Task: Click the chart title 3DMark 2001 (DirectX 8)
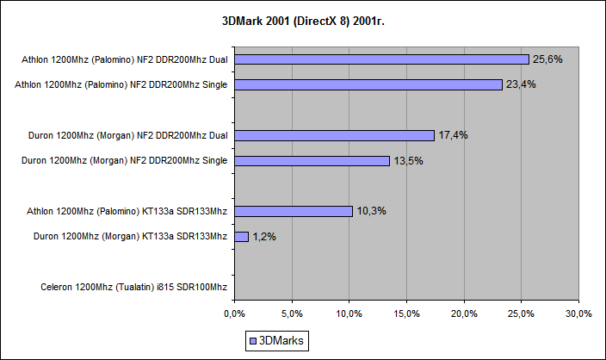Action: click(x=302, y=19)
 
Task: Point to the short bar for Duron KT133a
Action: click(x=241, y=236)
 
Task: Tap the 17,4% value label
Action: click(x=454, y=135)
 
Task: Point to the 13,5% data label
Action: click(x=409, y=160)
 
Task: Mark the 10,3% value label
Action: click(x=372, y=211)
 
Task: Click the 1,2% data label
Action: click(x=265, y=236)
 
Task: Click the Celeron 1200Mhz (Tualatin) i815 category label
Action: click(x=133, y=287)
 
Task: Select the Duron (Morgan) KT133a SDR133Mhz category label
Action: click(x=130, y=236)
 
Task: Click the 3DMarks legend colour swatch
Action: click(x=252, y=341)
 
